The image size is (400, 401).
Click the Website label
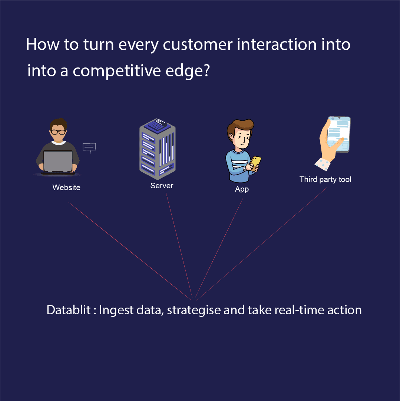click(x=66, y=188)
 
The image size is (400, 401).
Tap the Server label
click(x=162, y=186)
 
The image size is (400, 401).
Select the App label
click(x=242, y=189)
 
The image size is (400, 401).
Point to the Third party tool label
click(x=325, y=179)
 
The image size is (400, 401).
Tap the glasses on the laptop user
click(x=58, y=132)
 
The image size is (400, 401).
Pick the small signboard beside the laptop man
click(x=89, y=147)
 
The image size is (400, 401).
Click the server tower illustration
click(x=158, y=148)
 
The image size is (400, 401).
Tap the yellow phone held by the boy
click(x=255, y=162)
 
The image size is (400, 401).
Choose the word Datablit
click(x=69, y=310)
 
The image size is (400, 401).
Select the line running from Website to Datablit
click(x=130, y=250)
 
